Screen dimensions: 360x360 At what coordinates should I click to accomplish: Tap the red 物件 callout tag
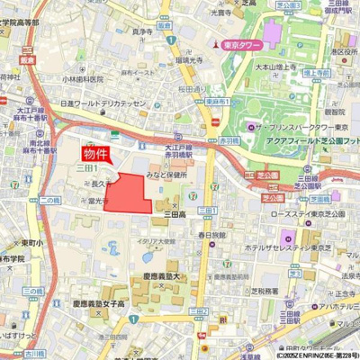pos(99,153)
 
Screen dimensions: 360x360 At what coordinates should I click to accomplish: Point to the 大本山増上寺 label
pos(277,65)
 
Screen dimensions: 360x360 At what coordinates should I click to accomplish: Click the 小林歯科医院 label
pos(85,78)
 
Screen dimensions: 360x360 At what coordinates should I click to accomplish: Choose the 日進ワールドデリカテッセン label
pos(103,103)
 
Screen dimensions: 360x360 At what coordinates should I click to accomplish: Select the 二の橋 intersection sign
pos(50,199)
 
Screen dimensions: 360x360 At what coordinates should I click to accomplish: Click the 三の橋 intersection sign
pos(33,292)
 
